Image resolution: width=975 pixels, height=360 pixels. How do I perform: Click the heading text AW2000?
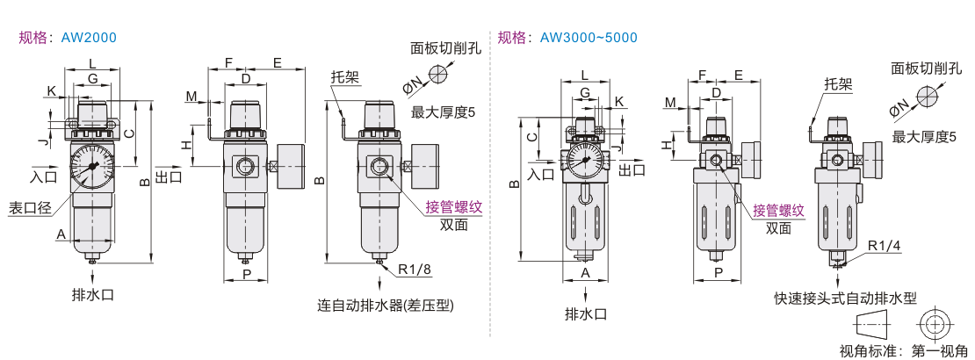tap(89, 38)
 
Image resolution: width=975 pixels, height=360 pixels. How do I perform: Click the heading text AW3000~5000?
tap(589, 38)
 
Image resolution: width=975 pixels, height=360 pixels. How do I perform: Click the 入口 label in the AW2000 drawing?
tap(43, 176)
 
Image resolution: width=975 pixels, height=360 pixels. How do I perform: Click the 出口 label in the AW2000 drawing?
tap(169, 176)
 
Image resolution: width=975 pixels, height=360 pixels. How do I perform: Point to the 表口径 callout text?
tap(29, 208)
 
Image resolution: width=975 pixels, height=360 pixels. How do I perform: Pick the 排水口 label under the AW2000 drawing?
tap(92, 295)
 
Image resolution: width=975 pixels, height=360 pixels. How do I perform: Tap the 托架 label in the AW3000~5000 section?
tap(839, 84)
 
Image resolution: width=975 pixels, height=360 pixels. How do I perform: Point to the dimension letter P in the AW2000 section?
tap(247, 275)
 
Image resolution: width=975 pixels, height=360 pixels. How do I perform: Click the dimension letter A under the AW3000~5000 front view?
tap(585, 273)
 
